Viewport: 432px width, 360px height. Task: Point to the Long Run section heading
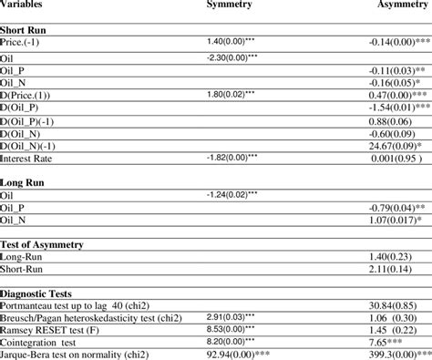[24, 181]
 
